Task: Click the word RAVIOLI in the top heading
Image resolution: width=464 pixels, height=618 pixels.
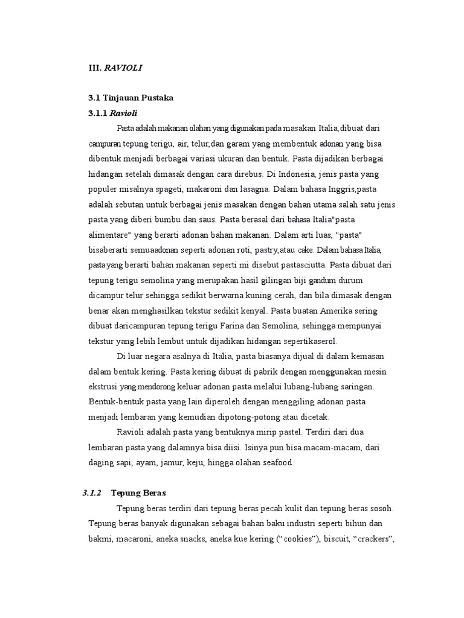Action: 123,68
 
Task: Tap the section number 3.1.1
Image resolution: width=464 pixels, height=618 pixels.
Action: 97,113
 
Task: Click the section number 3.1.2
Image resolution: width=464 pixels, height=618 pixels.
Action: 92,492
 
